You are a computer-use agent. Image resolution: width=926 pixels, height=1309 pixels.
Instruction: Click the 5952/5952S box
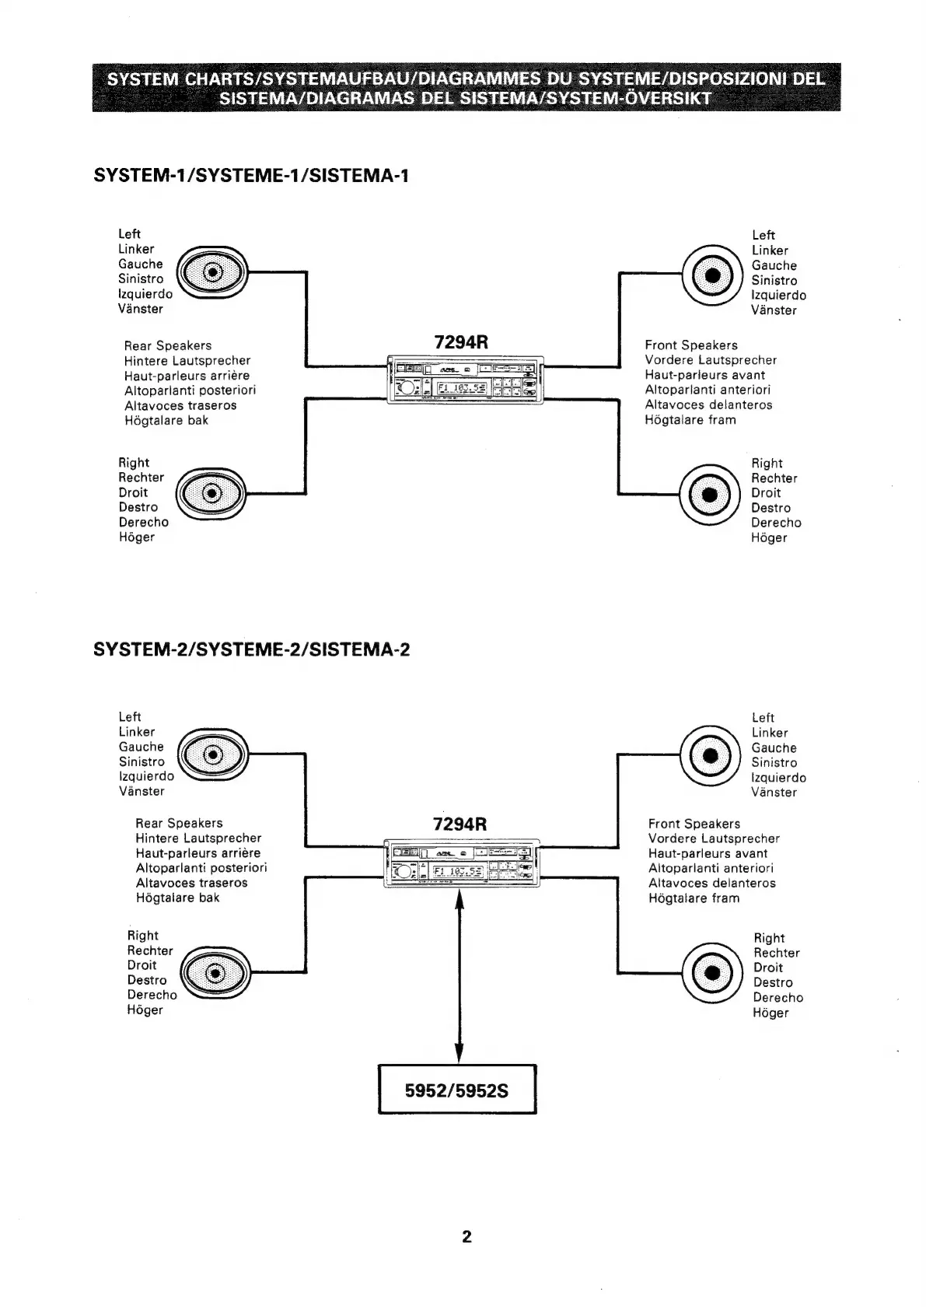457,1090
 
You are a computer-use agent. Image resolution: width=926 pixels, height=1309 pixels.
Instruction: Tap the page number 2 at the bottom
466,1236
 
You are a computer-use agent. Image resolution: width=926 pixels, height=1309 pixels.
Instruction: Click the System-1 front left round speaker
709,275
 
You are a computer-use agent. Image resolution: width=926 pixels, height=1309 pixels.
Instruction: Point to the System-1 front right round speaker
709,494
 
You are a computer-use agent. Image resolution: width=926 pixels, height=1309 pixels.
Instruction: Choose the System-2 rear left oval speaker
212,754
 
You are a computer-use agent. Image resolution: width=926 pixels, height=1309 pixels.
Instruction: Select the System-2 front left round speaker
709,755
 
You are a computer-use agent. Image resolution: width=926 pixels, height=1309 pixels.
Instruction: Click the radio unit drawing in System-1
464,379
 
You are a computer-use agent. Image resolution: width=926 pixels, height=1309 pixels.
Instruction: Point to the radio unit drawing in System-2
462,863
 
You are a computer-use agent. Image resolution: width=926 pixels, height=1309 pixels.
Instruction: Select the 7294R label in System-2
460,824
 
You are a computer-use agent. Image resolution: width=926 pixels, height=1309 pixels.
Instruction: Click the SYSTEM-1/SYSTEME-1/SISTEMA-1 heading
250,176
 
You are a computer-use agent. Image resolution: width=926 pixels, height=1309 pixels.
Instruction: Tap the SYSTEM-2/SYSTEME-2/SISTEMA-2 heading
251,649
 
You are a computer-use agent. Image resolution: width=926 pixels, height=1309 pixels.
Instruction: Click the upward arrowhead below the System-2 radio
459,901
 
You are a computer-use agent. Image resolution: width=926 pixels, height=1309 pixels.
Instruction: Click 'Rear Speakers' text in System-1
167,345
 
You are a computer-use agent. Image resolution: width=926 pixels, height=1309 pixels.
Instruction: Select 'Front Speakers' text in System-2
694,824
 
